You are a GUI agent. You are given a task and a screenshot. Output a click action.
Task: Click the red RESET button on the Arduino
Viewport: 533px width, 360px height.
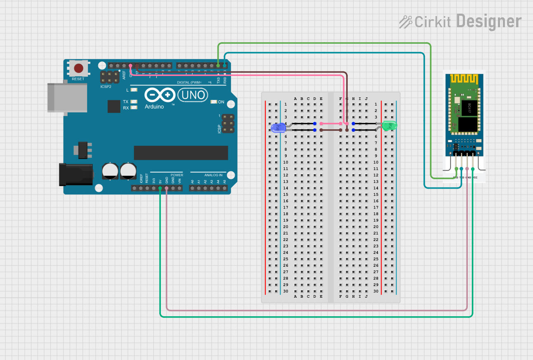click(78, 68)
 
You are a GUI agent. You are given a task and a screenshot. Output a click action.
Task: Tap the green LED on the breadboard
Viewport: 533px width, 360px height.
click(389, 126)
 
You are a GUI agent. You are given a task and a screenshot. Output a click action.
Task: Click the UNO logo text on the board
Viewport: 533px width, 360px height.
click(192, 95)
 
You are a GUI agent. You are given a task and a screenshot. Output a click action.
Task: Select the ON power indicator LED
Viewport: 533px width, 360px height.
click(214, 102)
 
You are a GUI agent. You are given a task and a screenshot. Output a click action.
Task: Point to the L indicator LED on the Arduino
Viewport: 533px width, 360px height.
click(133, 90)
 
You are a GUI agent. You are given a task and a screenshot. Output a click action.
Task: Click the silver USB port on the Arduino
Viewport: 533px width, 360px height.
click(67, 97)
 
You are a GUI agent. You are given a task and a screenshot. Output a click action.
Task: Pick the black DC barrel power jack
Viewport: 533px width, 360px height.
click(75, 174)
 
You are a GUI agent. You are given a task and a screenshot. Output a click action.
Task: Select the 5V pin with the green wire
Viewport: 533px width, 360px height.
click(160, 188)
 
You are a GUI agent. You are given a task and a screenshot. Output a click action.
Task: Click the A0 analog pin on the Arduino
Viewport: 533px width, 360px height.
click(192, 188)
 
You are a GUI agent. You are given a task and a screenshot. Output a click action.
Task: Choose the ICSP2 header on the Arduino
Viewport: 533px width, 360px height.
click(110, 77)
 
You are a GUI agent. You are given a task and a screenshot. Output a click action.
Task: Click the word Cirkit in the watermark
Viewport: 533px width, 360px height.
click(432, 22)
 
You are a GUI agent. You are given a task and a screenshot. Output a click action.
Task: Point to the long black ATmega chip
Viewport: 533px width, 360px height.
click(181, 153)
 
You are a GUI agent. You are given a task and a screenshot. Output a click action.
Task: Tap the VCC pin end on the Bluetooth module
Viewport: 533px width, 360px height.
click(473, 169)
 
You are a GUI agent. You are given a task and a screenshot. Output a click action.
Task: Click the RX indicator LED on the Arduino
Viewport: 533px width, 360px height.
click(133, 108)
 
